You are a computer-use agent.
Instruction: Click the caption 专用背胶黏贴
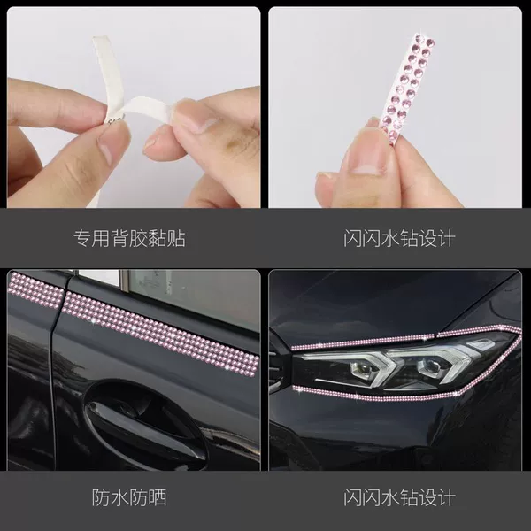[130, 238]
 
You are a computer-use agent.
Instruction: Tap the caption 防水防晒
[129, 497]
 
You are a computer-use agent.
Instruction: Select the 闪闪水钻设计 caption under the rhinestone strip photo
[399, 238]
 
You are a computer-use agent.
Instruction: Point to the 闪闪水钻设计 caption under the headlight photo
[399, 497]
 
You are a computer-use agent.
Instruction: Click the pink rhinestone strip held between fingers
[405, 88]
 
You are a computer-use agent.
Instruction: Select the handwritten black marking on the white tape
[116, 119]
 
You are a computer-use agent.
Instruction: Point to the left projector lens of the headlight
[362, 367]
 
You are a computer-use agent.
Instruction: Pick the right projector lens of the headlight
[428, 366]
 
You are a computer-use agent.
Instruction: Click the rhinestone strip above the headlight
[404, 339]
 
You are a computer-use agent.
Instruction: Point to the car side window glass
[193, 298]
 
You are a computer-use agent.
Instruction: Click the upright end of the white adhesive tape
[108, 68]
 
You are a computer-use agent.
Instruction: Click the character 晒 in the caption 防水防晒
[158, 497]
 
